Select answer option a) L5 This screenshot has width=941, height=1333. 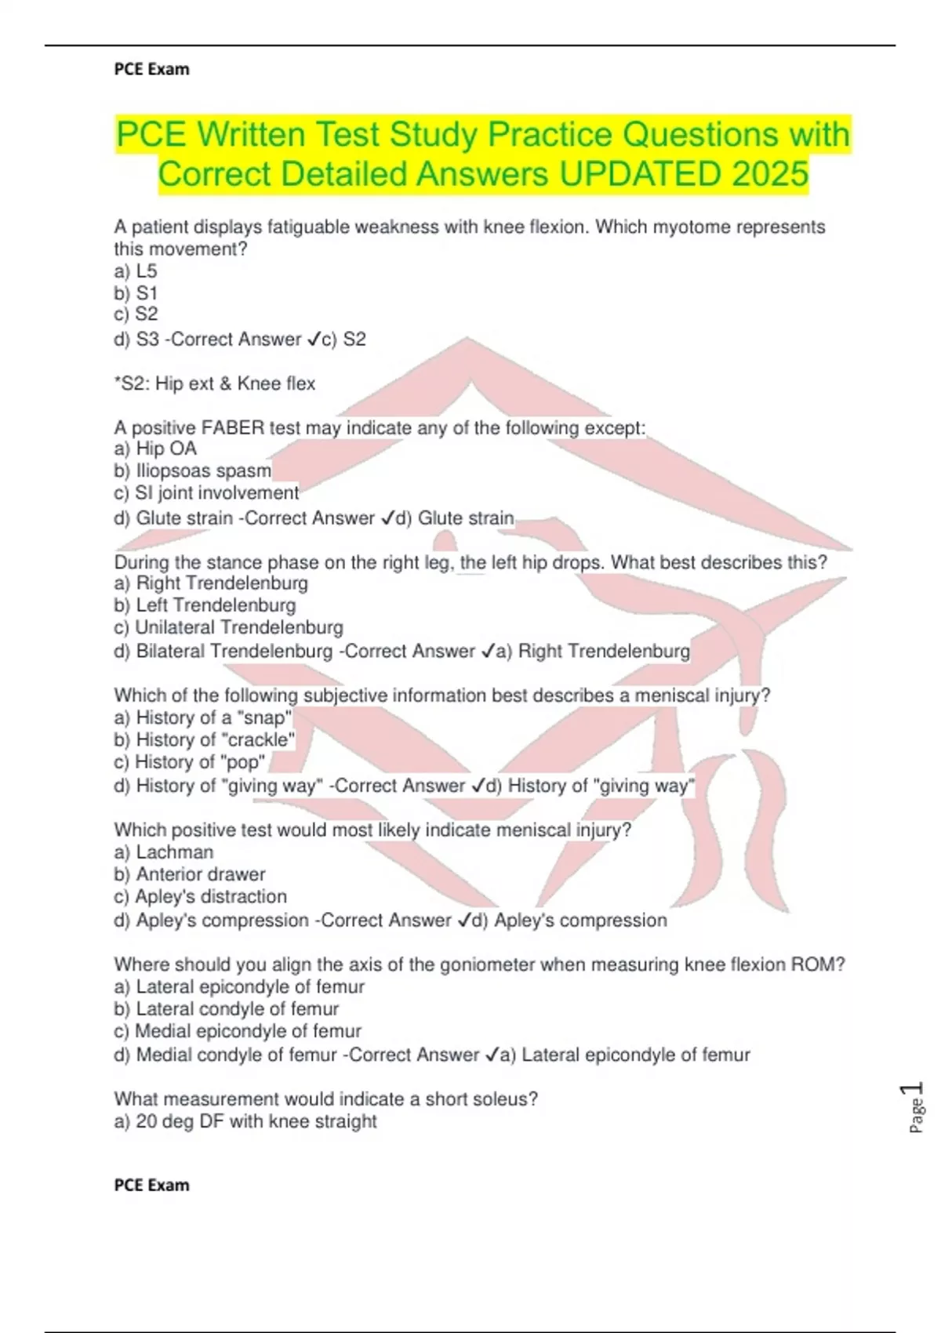point(136,271)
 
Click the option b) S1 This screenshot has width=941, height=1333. point(136,293)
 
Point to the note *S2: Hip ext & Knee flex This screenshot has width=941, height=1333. point(214,383)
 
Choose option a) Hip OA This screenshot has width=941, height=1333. point(155,449)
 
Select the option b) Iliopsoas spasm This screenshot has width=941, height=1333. point(193,470)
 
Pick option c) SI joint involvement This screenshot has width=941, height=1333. point(206,492)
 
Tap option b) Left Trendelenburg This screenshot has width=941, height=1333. point(205,605)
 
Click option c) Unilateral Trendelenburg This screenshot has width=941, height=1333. point(228,627)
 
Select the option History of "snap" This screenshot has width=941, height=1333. point(203,717)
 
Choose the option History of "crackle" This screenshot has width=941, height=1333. point(205,739)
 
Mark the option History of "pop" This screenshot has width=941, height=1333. point(190,761)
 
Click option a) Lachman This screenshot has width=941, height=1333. point(164,852)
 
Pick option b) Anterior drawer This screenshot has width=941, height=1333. point(190,874)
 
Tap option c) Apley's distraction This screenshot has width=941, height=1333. point(200,896)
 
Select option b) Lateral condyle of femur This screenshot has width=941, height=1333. point(227,1009)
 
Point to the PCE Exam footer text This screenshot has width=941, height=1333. point(151,1185)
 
